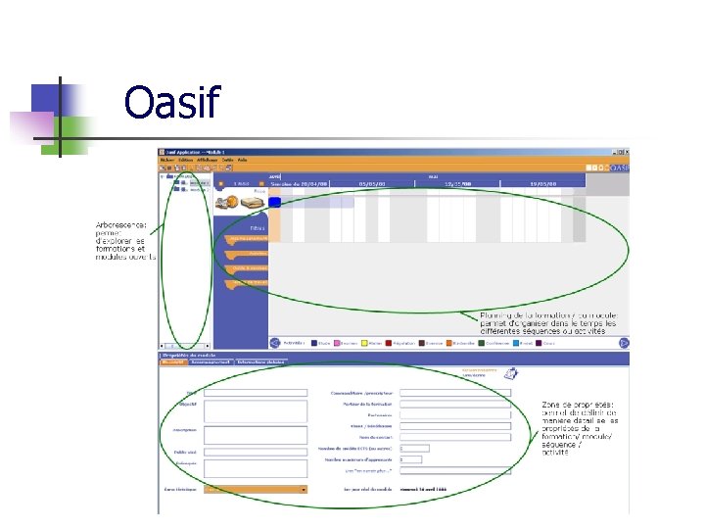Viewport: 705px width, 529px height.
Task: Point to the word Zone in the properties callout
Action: click(552, 405)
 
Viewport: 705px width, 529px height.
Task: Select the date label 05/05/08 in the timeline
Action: click(372, 183)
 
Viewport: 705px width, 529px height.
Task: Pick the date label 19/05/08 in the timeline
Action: click(542, 183)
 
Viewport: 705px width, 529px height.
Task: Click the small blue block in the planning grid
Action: click(275, 202)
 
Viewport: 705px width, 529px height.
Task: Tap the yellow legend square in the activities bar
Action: click(365, 343)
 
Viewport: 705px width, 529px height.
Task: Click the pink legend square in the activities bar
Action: click(338, 343)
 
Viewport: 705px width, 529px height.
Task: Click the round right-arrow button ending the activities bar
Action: click(624, 343)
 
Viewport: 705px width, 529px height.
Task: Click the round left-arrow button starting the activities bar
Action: click(275, 343)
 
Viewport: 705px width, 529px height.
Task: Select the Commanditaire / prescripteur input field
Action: click(455, 393)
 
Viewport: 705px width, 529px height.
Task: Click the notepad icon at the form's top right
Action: click(511, 372)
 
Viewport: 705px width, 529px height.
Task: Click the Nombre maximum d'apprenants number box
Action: click(409, 458)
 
